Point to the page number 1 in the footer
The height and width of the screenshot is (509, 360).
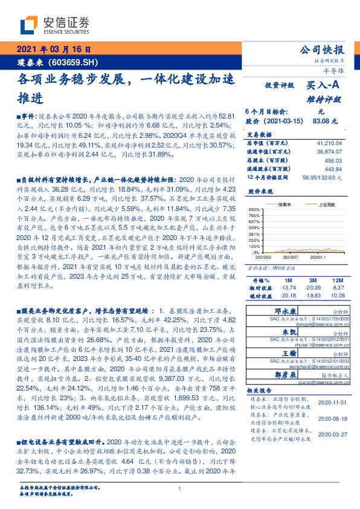(x=180, y=488)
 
